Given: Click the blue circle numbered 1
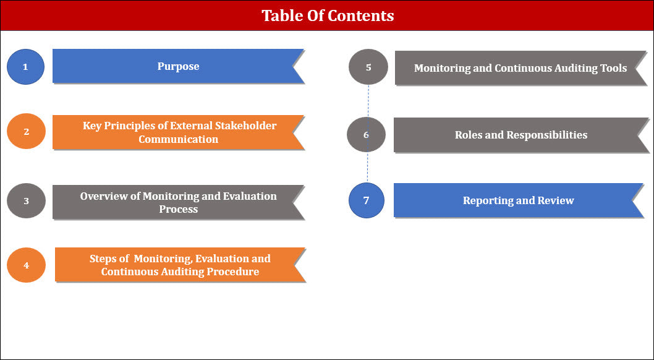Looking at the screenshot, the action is pos(25,67).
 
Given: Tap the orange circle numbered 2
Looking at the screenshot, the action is pos(27,131).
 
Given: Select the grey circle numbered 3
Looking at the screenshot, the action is pos(27,200).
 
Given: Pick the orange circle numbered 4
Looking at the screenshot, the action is pos(27,265).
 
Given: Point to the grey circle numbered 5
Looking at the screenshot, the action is pos(368,67).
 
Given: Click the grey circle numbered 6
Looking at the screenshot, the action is pos(366,135).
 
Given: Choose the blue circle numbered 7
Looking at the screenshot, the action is pos(366,200).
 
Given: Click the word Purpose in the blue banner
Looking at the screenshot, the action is pos(178,66).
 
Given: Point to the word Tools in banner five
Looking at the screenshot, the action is pos(614,68).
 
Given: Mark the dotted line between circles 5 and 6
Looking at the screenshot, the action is pos(368,101).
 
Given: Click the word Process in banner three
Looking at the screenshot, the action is pos(178,209).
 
